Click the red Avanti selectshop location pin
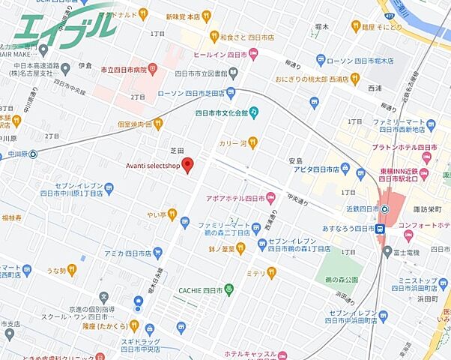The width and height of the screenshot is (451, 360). coord(188,165)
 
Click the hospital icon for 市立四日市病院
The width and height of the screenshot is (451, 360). coord(153,69)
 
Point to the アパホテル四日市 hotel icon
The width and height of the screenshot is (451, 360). coord(271,199)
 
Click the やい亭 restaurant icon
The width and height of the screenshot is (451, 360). coord(173,214)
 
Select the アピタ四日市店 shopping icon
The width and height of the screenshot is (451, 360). coord(345,168)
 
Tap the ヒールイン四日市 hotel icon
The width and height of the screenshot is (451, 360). coord(252,53)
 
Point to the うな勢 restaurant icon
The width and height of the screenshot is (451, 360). coord(72,268)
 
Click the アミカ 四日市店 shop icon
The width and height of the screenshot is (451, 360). coord(158,253)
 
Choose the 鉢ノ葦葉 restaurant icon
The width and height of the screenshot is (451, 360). coord(240,247)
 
